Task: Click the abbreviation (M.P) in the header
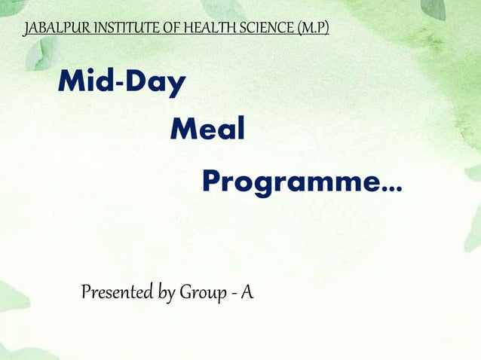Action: (314, 29)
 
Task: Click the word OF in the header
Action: (166, 29)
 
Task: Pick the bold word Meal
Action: (208, 130)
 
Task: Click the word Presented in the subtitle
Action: (116, 291)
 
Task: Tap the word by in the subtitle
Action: (166, 292)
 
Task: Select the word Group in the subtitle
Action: (199, 292)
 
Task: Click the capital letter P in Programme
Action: (212, 181)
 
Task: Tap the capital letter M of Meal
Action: (183, 130)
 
